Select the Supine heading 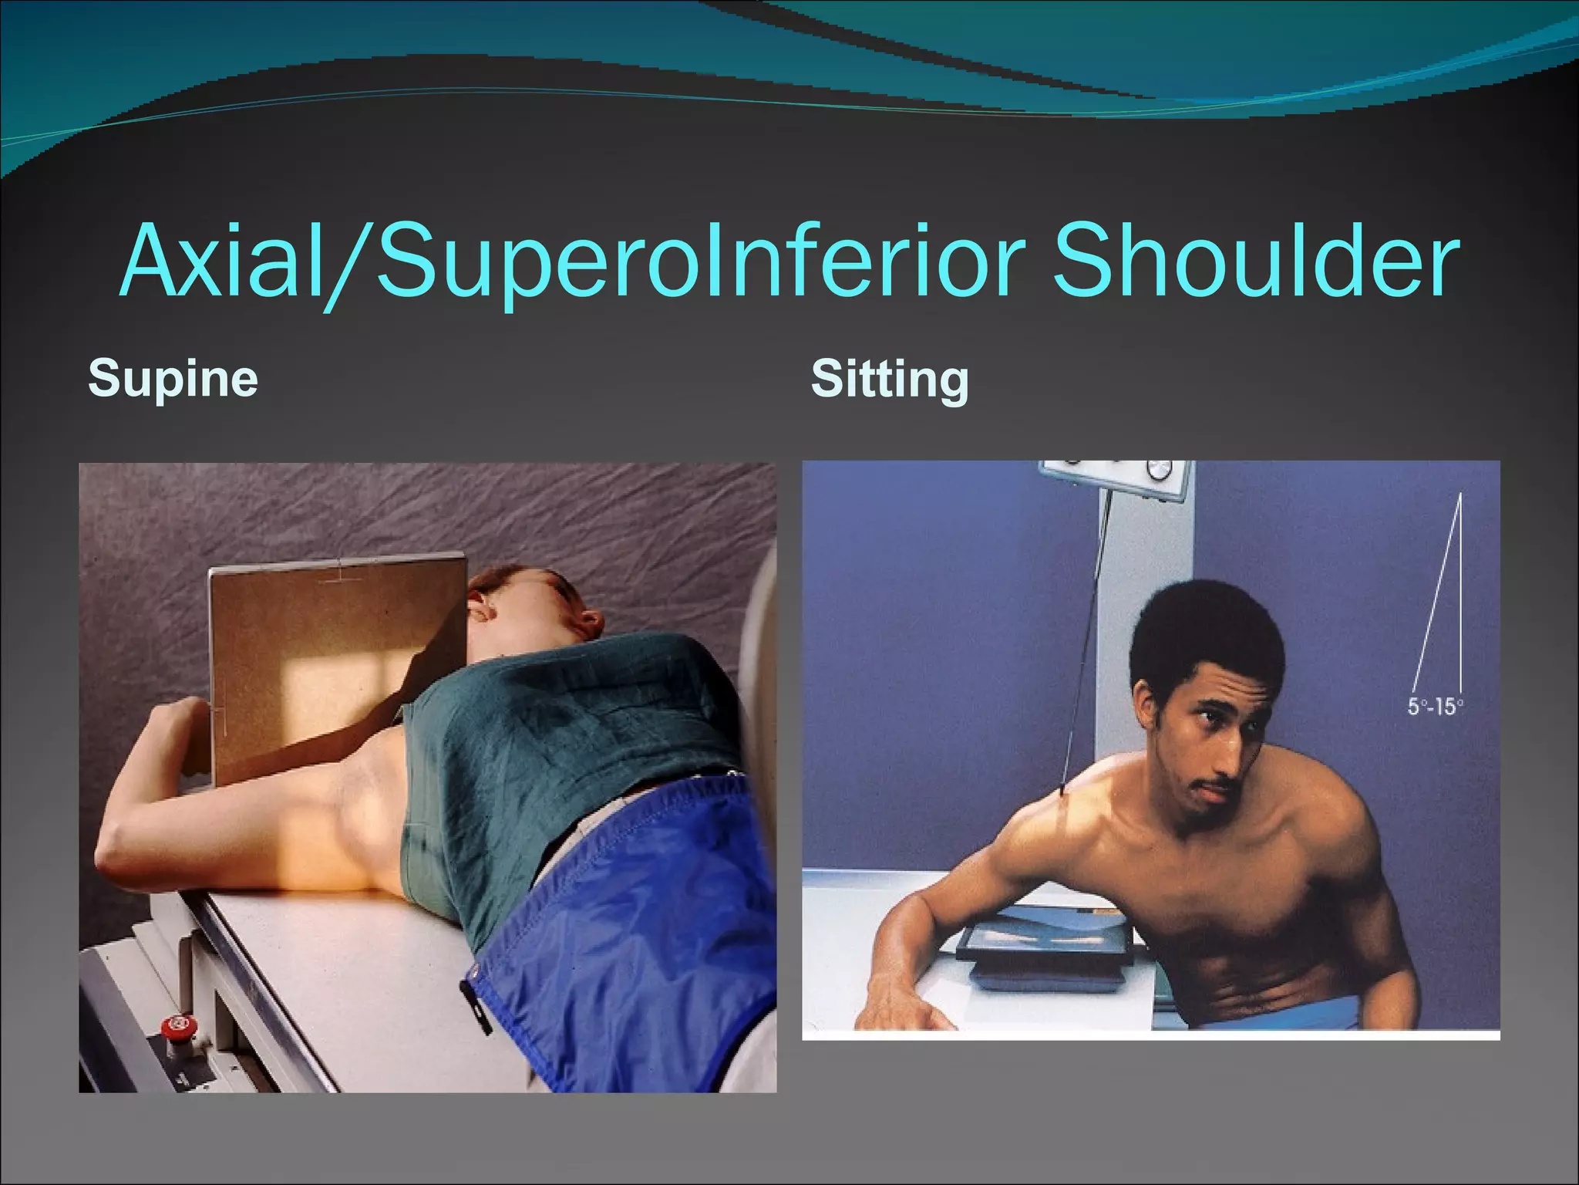coord(173,378)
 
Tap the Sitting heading coord(889,379)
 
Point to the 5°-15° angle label coord(1436,706)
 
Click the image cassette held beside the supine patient coord(324,656)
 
